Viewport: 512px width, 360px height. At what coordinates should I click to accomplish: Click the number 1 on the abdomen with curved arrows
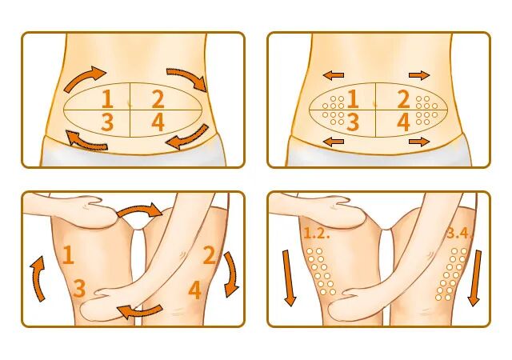108,99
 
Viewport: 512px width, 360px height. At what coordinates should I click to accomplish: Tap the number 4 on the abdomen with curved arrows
158,123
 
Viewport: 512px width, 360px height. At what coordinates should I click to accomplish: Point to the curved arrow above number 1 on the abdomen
83,78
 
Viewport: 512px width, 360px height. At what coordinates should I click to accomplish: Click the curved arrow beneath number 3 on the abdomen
85,141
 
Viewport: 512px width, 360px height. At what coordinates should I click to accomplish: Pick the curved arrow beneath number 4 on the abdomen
189,137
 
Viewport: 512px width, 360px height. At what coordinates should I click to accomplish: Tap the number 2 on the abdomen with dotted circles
403,99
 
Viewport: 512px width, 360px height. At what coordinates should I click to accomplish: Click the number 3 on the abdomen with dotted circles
353,123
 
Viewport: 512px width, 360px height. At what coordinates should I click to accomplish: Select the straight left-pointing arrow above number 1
334,75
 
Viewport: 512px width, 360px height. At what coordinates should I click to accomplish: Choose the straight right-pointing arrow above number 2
419,75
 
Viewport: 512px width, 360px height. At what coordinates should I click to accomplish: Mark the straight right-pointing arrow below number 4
419,142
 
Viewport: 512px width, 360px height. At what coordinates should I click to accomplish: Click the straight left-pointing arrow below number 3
334,142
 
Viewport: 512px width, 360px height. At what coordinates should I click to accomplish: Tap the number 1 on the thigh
68,255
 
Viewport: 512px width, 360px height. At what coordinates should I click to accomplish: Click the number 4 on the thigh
195,290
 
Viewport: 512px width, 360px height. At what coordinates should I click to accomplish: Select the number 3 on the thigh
79,288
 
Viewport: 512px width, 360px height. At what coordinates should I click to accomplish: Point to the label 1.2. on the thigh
317,234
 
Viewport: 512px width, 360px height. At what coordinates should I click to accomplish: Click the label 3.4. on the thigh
459,234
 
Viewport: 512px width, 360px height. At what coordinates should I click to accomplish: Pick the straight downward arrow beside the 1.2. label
289,278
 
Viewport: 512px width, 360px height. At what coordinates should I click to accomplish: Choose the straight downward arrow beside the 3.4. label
474,278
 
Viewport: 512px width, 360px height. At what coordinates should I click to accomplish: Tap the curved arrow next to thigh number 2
231,274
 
